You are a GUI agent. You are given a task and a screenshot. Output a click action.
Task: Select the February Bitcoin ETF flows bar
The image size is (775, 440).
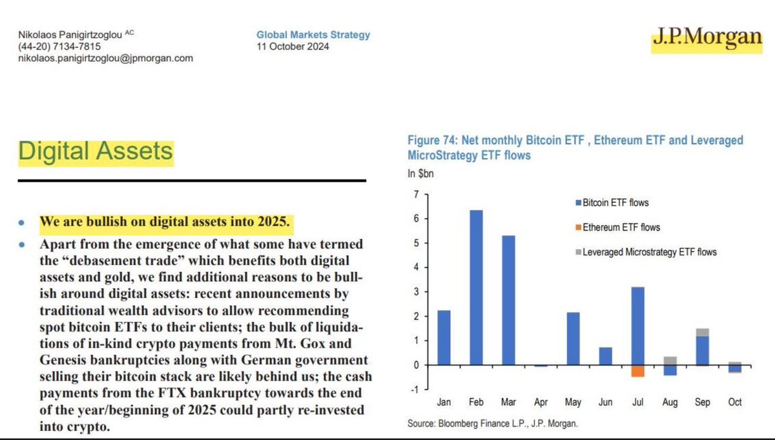pyautogui.click(x=477, y=288)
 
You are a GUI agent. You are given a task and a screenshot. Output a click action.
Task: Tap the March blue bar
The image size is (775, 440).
pyautogui.click(x=509, y=300)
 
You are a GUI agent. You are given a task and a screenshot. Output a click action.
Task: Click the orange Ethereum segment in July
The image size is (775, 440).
pyautogui.click(x=638, y=371)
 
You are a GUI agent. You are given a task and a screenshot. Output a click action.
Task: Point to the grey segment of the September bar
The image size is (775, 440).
pyautogui.click(x=703, y=332)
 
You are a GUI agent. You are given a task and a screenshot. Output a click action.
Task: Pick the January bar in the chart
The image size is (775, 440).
pyautogui.click(x=444, y=337)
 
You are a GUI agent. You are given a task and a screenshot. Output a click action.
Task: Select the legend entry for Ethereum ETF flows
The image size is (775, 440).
pyautogui.click(x=618, y=227)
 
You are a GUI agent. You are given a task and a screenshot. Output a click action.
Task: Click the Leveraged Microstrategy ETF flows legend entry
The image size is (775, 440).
pyautogui.click(x=646, y=252)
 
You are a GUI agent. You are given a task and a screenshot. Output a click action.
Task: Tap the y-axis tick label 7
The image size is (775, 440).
pyautogui.click(x=417, y=194)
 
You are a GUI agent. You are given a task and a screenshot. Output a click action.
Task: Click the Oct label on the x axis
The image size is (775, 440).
pyautogui.click(x=735, y=403)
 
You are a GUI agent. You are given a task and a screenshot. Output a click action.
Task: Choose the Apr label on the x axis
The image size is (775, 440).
pyautogui.click(x=541, y=403)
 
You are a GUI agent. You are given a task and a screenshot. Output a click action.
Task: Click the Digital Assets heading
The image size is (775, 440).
pyautogui.click(x=96, y=151)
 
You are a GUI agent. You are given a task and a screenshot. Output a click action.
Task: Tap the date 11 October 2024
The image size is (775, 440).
pyautogui.click(x=293, y=47)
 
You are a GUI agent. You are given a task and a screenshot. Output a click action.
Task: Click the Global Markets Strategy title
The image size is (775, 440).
pyautogui.click(x=313, y=35)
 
